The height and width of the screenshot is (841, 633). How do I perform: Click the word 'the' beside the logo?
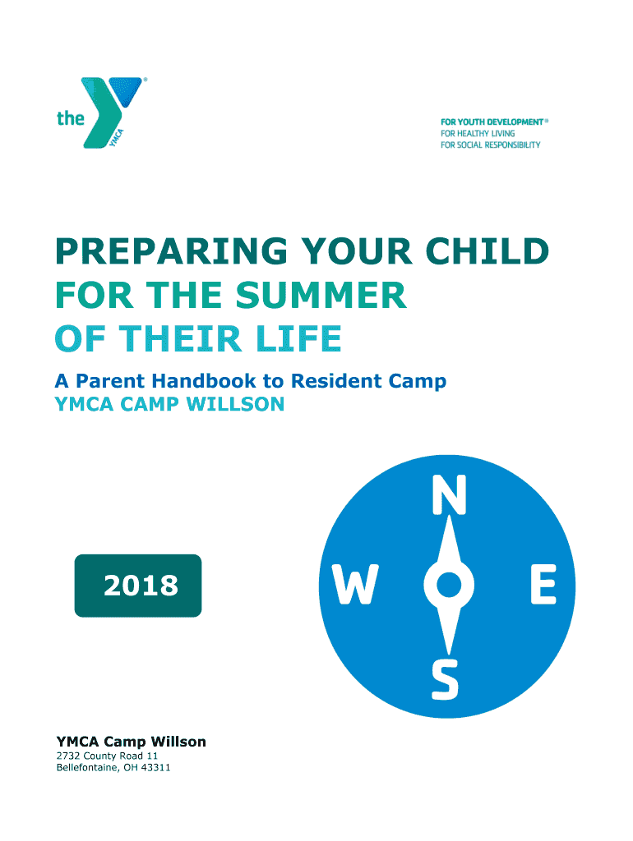tap(71, 118)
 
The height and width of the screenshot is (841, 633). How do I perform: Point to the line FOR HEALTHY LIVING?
tap(478, 134)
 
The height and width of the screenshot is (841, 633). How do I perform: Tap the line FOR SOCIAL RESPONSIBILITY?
tap(490, 145)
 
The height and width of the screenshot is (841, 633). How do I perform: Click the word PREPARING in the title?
tap(172, 251)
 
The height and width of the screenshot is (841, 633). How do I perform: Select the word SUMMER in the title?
tap(321, 295)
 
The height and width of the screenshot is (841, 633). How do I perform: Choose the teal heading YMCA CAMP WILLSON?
tap(169, 404)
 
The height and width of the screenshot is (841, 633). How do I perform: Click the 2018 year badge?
tap(138, 585)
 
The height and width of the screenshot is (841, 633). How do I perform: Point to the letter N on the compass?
tap(450, 495)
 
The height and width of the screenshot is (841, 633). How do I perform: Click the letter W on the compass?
tap(354, 585)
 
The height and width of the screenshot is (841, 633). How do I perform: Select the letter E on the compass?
tap(543, 585)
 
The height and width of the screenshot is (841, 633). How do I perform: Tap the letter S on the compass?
tap(445, 679)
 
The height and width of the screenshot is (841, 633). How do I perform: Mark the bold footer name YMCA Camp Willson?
tap(131, 742)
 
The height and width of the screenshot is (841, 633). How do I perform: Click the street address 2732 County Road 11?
tap(108, 756)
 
